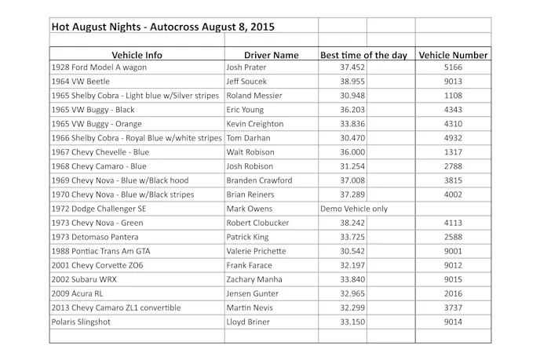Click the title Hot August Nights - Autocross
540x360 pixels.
(162, 26)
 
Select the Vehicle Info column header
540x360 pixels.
(137, 55)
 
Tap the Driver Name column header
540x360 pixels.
(271, 55)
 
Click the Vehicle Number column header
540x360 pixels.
(453, 55)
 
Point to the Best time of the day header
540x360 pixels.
(364, 55)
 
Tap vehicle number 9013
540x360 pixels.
(453, 82)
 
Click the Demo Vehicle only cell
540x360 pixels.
(354, 209)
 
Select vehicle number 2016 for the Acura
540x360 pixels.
(453, 293)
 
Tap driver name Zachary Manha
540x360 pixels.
(253, 279)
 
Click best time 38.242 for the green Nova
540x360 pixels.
(342, 223)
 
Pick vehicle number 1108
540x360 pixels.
(453, 96)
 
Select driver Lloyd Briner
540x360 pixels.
(247, 322)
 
